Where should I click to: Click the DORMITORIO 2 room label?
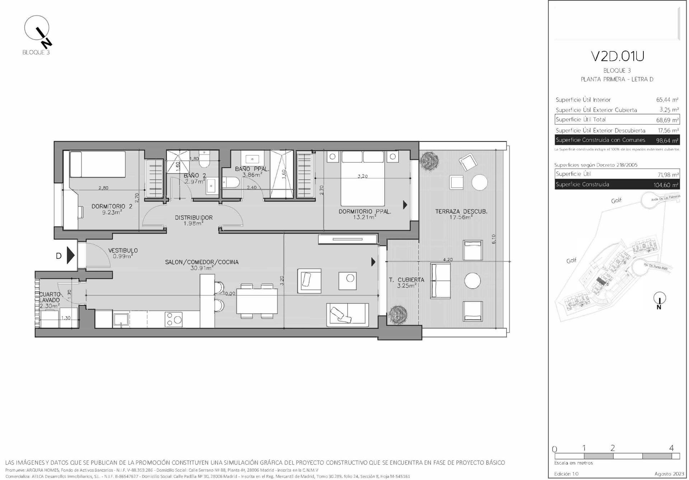click(x=112, y=206)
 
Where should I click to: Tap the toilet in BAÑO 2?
click(x=205, y=160)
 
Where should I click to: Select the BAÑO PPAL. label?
click(x=252, y=169)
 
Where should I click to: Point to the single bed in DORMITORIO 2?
click(x=97, y=164)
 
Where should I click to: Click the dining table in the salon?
click(x=257, y=301)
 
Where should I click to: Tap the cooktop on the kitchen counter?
click(x=174, y=319)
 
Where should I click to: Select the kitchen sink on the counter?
click(x=121, y=319)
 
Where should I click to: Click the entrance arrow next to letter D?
click(x=71, y=256)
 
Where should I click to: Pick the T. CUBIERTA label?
click(x=406, y=280)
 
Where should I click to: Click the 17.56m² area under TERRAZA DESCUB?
click(x=461, y=217)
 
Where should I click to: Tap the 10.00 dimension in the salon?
click(x=229, y=293)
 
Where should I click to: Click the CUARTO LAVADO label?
click(x=50, y=297)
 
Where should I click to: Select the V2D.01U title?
click(x=617, y=56)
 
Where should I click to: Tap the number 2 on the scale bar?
click(x=613, y=448)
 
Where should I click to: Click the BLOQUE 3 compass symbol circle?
click(x=36, y=28)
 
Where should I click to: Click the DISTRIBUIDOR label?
click(x=193, y=218)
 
